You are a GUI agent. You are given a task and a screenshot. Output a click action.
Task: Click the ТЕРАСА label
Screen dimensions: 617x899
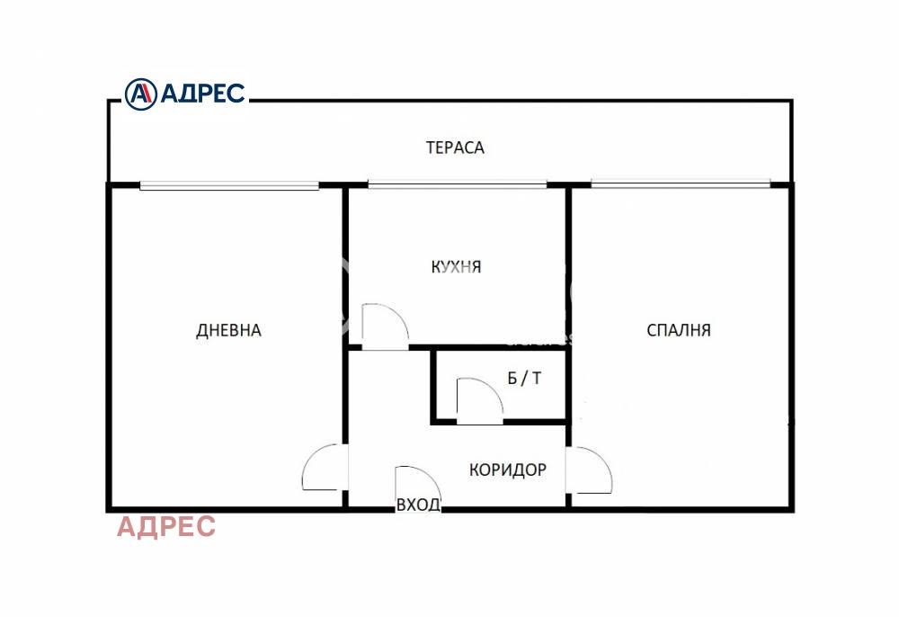(x=455, y=148)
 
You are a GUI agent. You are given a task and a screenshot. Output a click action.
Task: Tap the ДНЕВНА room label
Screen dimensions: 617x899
(x=228, y=330)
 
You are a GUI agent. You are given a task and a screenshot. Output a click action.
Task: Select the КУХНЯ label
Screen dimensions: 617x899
(x=456, y=267)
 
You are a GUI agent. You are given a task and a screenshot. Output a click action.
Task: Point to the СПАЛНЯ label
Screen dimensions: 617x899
(x=679, y=330)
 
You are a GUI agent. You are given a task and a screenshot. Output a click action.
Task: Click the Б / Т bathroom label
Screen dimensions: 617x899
(x=524, y=378)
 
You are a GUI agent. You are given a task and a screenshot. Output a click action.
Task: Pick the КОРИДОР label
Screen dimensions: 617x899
(x=507, y=469)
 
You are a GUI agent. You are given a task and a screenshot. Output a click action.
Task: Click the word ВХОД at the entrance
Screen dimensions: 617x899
(x=418, y=505)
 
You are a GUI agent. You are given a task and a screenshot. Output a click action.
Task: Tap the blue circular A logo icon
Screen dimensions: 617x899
(x=140, y=93)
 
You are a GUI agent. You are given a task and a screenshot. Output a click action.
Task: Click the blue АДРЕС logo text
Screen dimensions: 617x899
(x=202, y=93)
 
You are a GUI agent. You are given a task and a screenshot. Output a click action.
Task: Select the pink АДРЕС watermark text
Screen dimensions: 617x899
(x=166, y=526)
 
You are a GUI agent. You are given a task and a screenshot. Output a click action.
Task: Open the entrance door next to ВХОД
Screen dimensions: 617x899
(x=412, y=487)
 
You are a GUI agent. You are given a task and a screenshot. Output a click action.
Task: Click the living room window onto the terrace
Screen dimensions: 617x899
(x=229, y=186)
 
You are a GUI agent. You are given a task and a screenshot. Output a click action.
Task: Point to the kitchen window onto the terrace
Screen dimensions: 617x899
(x=457, y=186)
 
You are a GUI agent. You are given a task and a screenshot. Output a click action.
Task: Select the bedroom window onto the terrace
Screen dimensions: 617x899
(x=681, y=186)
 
